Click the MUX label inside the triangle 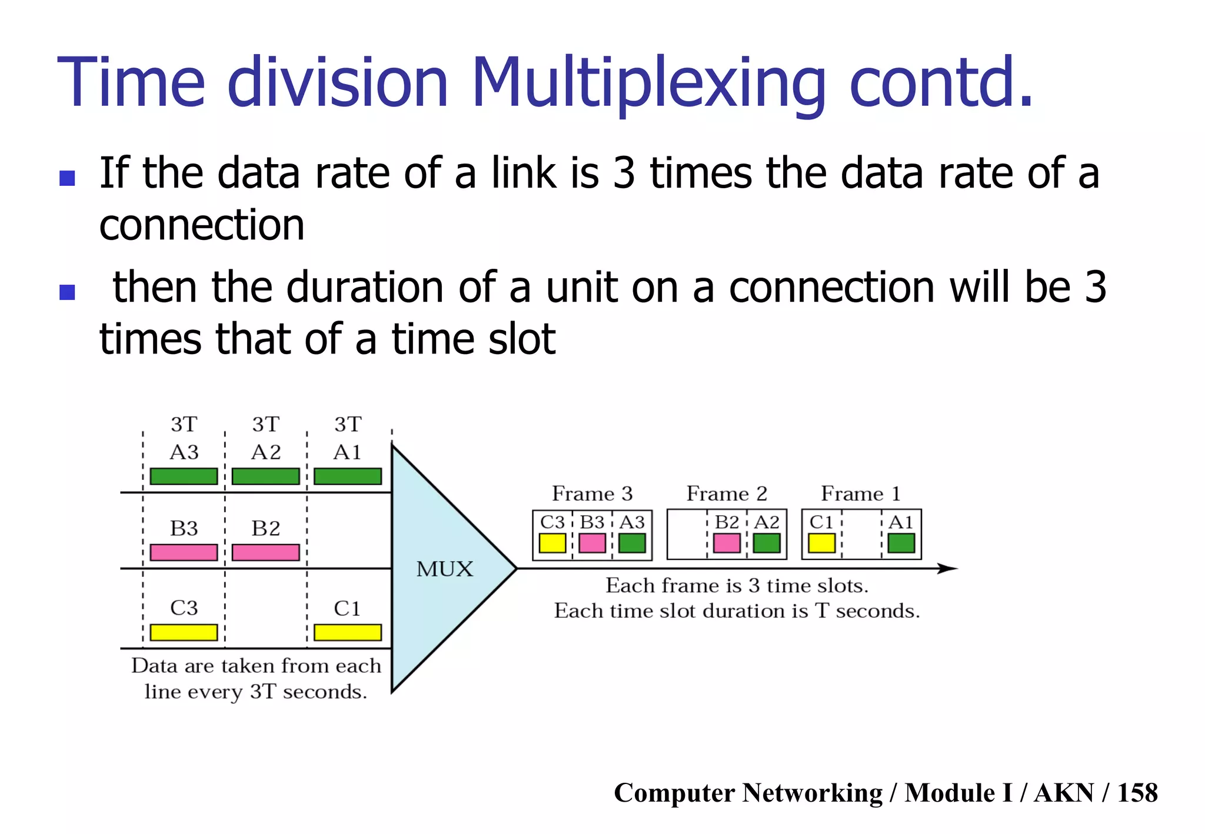coord(444,569)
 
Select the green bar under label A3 coord(184,476)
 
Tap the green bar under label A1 coord(347,476)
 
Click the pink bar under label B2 coord(265,552)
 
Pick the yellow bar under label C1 coord(347,632)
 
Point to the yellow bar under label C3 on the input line coord(184,632)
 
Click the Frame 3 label coord(592,493)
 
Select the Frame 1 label coord(861,493)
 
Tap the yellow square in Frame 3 coord(552,543)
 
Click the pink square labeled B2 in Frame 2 coord(727,543)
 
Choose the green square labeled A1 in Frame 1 coord(901,543)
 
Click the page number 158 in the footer coord(1137,793)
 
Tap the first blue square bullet coord(67,178)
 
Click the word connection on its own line coord(202,225)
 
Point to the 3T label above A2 coord(265,424)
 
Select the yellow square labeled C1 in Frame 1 coord(821,543)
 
